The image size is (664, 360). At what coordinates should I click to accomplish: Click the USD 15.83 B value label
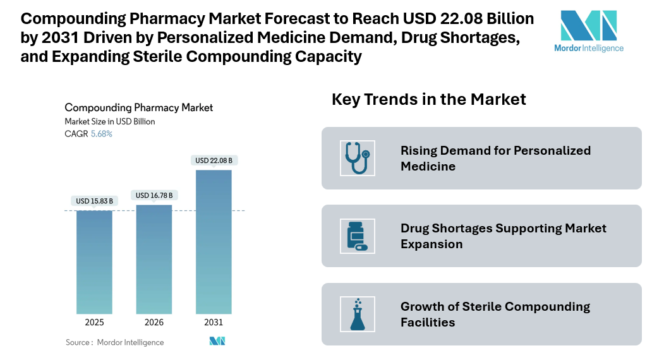pos(94,201)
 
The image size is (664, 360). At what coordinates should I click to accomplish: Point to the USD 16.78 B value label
pos(154,195)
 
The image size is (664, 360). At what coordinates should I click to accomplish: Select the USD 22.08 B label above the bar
pos(214,160)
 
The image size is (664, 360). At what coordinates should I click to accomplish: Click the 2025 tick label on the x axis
pos(94,322)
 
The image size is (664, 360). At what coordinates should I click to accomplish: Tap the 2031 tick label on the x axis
pos(214,322)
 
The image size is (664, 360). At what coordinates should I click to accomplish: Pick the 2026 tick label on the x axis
pos(154,322)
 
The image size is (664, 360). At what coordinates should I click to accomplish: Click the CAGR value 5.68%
pos(102,134)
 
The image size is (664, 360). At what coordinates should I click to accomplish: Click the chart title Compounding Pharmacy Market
pos(138,108)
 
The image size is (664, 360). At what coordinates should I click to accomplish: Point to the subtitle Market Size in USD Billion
pos(109,121)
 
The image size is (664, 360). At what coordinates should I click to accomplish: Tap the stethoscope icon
pos(357,158)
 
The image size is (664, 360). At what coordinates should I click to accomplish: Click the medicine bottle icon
pos(357,236)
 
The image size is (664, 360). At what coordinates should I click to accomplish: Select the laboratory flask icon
pos(357,315)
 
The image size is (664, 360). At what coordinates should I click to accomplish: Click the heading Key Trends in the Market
pos(428,99)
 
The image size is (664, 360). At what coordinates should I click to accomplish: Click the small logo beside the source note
pos(217,342)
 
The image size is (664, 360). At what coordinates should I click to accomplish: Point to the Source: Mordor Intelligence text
pos(114,342)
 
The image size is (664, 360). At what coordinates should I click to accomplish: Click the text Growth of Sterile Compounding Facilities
pos(495,315)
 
